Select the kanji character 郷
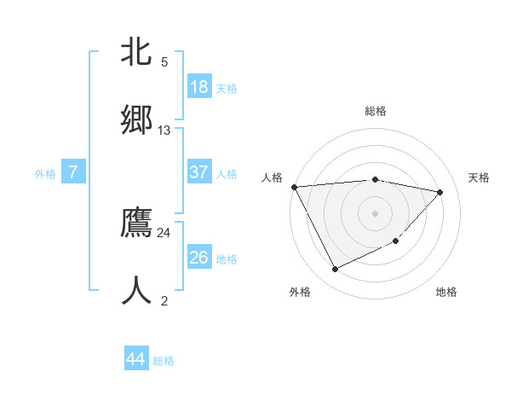point(137,119)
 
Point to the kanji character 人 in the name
point(137,290)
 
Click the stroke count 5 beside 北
point(164,62)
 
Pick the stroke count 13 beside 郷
point(164,131)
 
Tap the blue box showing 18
point(199,87)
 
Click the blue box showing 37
point(199,172)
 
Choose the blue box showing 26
point(199,258)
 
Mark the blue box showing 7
point(73,172)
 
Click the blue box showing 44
point(136,359)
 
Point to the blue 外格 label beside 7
point(45,174)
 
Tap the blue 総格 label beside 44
point(164,361)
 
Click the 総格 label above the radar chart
point(376,111)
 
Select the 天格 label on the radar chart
point(479,177)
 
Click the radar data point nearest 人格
point(294,187)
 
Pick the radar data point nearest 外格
point(335,270)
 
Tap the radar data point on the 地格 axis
point(396,241)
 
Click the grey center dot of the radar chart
point(376,213)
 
